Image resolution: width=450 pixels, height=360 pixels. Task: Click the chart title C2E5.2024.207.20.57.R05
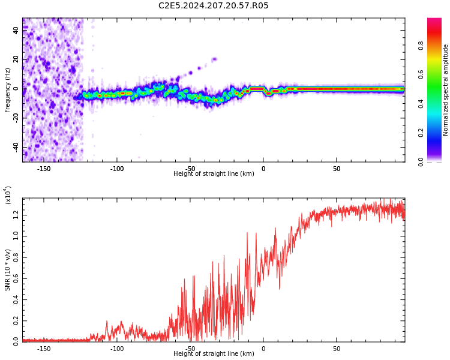(x=214, y=6)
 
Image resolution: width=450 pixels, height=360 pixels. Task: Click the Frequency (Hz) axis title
(x=8, y=90)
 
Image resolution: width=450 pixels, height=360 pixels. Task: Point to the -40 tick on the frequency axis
(x=15, y=147)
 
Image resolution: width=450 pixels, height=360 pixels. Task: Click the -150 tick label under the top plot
(x=44, y=169)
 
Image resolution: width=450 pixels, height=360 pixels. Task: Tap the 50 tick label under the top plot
(x=337, y=169)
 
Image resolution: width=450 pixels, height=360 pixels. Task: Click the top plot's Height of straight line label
(x=214, y=174)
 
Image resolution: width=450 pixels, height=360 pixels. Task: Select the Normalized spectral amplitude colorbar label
(x=446, y=90)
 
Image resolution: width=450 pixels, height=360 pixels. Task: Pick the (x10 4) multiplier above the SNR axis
(x=8, y=195)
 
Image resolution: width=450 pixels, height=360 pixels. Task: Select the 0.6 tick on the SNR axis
(x=16, y=278)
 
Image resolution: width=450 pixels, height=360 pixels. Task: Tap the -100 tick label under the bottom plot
(x=117, y=349)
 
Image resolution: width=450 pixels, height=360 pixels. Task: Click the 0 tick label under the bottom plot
(x=263, y=349)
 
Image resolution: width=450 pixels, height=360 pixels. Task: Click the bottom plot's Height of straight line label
(x=214, y=354)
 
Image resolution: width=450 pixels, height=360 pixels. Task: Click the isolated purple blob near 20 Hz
(x=214, y=59)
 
